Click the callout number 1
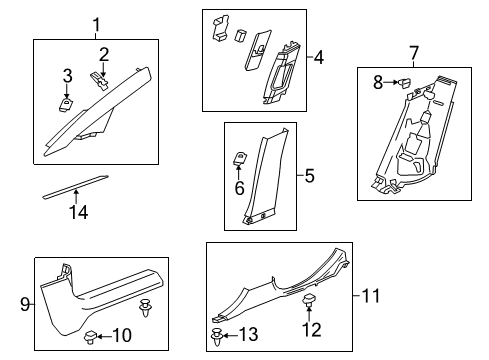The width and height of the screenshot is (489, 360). pos(96,24)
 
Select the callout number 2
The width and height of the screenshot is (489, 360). pos(103,53)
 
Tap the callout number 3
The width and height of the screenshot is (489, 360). pos(66,76)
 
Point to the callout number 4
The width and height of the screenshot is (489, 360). pos(319,57)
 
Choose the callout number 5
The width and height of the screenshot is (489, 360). pos(309,176)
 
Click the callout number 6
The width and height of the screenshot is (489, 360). pos(240,186)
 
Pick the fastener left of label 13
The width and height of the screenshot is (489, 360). pos(219,334)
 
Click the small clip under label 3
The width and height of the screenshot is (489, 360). pos(67,98)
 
